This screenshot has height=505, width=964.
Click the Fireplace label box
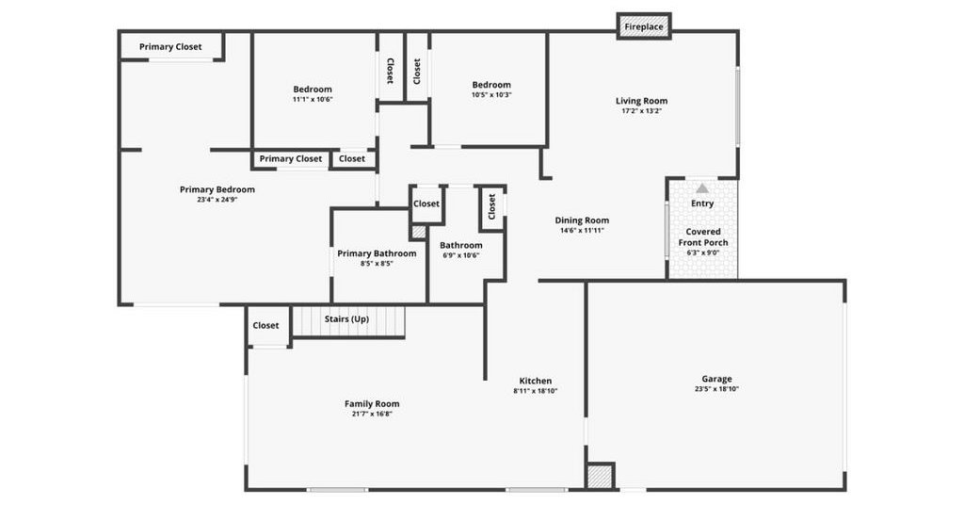644,26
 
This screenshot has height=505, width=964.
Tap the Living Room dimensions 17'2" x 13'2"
641,111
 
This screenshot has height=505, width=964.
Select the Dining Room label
582,220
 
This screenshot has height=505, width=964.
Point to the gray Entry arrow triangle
702,188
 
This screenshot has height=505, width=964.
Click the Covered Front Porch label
702,236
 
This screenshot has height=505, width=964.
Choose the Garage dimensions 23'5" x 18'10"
716,389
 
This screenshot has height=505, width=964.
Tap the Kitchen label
536,381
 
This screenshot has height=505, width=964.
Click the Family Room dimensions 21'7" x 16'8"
371,414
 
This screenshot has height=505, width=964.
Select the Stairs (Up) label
346,318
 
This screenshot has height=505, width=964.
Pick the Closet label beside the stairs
265,325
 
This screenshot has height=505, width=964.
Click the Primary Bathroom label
377,253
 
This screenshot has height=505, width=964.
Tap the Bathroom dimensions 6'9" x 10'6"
461,255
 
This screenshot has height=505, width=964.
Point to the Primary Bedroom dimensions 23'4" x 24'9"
217,200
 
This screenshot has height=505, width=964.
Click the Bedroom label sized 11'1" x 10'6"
313,90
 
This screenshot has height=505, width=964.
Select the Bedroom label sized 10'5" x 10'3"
491,85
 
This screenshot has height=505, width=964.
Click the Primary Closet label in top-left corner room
170,47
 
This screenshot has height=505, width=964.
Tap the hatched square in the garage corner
600,476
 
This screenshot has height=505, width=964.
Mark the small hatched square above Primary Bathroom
418,232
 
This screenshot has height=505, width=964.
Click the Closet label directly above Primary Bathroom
426,204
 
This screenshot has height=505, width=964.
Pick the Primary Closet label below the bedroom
290,158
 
